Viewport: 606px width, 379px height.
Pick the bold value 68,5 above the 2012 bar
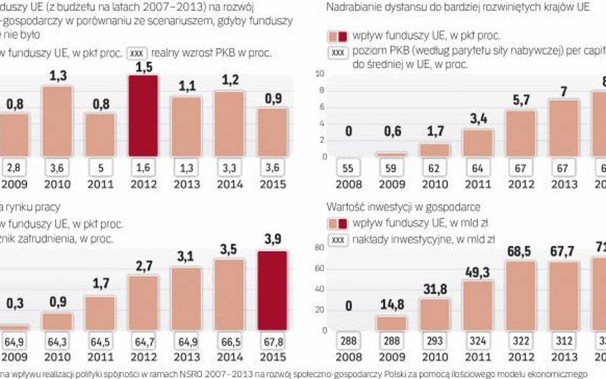(519, 252)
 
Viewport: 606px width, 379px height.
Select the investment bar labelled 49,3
(478, 304)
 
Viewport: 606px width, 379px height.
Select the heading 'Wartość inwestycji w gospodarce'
(403, 207)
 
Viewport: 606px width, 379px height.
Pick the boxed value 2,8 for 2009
(15, 167)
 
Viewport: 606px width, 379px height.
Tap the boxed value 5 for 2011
(101, 167)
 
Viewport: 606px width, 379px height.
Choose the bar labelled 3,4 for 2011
(478, 143)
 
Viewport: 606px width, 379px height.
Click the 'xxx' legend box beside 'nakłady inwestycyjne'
(338, 240)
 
